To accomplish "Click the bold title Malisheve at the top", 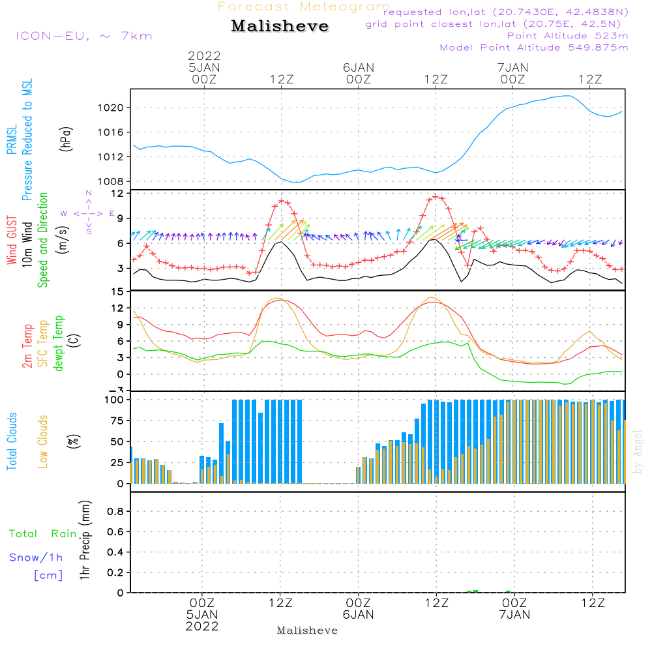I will tap(280, 26).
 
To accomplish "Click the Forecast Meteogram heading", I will tap(304, 7).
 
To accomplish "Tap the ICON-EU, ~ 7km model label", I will tap(83, 35).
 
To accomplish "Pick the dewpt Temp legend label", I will tap(59, 344).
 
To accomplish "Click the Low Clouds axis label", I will tap(43, 441).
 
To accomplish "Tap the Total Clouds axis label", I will tap(12, 441).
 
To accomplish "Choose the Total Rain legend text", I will tap(42, 533).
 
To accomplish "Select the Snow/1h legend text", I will tap(37, 557).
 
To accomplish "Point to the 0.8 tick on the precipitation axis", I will tap(115, 511).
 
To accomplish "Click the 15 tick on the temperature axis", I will tap(117, 291).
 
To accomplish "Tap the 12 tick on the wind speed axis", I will tap(117, 194).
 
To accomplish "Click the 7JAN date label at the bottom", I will tap(514, 614).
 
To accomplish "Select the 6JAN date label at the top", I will tap(359, 67).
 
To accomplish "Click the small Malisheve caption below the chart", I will tap(308, 630).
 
